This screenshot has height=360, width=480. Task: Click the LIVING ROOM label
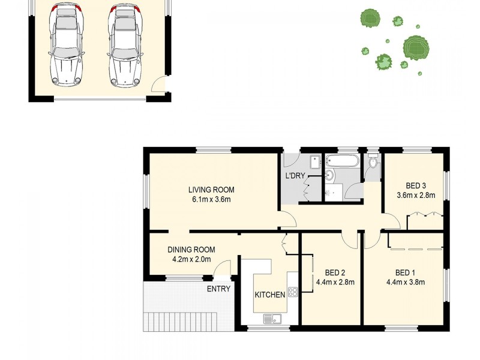click(211, 190)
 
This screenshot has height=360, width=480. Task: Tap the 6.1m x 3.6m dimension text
click(211, 200)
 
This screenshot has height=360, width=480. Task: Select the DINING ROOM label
click(191, 250)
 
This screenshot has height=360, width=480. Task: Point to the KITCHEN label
click(270, 295)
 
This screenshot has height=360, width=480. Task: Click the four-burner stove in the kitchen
click(293, 292)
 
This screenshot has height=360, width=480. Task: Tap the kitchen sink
click(272, 319)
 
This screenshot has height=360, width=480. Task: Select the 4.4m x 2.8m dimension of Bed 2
click(335, 282)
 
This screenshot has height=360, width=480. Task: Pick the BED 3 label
click(416, 185)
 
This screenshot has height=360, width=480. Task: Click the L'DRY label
click(295, 176)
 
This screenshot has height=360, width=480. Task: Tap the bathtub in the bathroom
click(342, 161)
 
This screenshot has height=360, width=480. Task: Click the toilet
click(373, 162)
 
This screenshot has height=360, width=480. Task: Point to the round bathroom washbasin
click(329, 175)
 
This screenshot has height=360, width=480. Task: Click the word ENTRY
click(218, 289)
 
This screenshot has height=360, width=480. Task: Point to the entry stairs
click(181, 322)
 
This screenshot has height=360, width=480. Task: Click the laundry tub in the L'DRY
click(315, 162)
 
